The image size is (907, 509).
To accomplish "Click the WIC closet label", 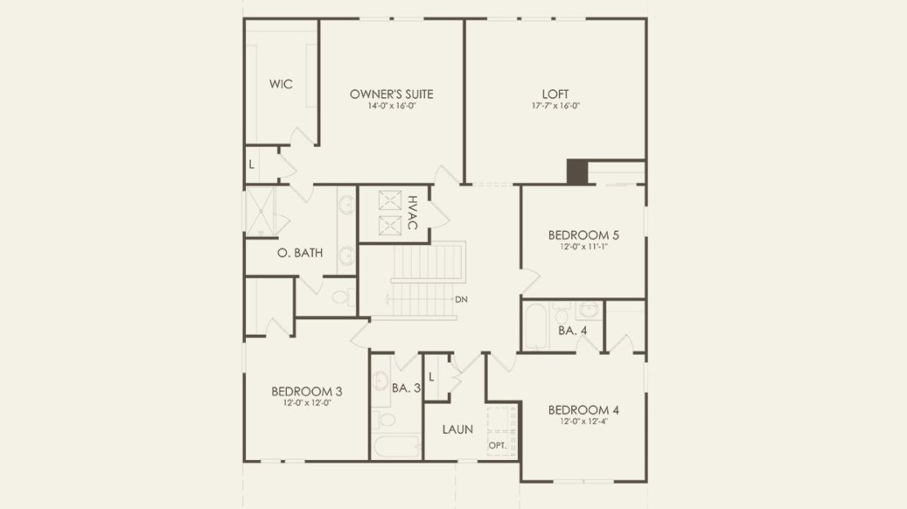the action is pos(281,84).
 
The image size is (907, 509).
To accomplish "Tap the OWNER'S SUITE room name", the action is pos(391,94).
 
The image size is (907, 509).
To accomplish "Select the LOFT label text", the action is pos(556,94).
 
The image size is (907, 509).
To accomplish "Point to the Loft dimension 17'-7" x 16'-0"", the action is pos(556,106).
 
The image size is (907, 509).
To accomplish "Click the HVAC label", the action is pos(413,213).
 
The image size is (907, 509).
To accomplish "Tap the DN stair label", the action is pos(461,300).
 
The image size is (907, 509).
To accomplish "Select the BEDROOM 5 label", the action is pos(583,235).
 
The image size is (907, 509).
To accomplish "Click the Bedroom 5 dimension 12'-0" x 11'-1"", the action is pos(583,247).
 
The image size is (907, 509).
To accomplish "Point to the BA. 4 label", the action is pos(573,331).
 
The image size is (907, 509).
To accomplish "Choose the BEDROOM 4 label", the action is pos(583,410).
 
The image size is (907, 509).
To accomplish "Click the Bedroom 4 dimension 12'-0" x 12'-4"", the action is pos(583,422).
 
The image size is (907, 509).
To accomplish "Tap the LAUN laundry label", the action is pos(458,430).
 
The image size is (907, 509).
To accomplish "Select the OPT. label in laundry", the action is pos(498,446).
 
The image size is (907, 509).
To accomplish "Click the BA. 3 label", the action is pos(406,388).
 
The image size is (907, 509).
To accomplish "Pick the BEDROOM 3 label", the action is pos(306,391).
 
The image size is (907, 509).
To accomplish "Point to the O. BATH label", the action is pos(300,252).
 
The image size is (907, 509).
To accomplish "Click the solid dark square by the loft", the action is pos(577,172).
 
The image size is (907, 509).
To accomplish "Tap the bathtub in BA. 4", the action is pos(536,326).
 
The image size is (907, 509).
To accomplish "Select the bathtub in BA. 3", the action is pos(396,447).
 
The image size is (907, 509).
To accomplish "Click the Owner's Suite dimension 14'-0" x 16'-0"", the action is pos(391,106).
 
